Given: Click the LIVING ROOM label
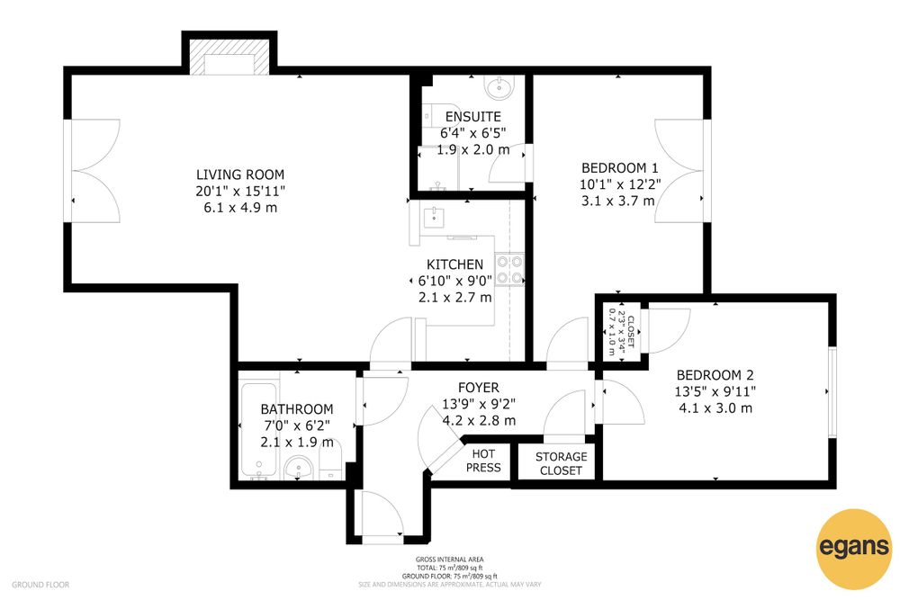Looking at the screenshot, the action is click(x=240, y=175).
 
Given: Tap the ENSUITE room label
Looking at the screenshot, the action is click(x=473, y=116).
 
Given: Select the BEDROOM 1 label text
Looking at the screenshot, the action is click(x=619, y=168).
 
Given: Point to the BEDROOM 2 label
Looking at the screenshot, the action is click(x=715, y=375).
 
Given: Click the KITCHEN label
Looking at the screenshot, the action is click(x=454, y=264).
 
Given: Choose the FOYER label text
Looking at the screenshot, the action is click(x=478, y=388).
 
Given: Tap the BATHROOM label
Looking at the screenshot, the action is click(x=297, y=409).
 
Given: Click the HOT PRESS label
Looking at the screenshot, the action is click(x=483, y=461).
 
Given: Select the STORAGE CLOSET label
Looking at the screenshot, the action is click(x=561, y=463).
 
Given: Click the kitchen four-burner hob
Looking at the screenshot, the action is click(x=509, y=270).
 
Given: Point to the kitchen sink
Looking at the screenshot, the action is click(x=435, y=218).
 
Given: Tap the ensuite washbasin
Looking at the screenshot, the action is click(x=499, y=87).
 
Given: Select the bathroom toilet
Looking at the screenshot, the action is click(x=330, y=461).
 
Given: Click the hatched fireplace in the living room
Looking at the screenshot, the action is click(x=229, y=57).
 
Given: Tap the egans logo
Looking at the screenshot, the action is click(x=855, y=549).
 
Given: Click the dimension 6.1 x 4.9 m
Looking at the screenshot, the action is click(x=240, y=208).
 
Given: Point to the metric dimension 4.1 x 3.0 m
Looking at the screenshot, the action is click(x=715, y=408).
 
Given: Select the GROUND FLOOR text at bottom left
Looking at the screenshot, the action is click(x=40, y=585).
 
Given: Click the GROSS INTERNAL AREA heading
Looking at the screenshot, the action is click(x=449, y=560).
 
